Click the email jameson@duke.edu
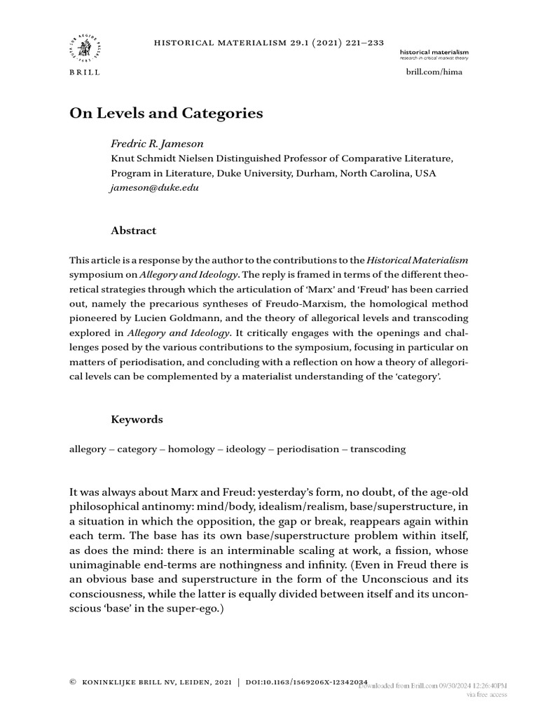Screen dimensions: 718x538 (150, 188)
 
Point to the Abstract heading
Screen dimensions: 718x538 (134, 231)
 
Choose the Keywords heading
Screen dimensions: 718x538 (137, 419)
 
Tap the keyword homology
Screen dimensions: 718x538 (192, 449)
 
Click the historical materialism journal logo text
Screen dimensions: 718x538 (434, 53)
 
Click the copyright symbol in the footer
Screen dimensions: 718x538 (73, 682)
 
